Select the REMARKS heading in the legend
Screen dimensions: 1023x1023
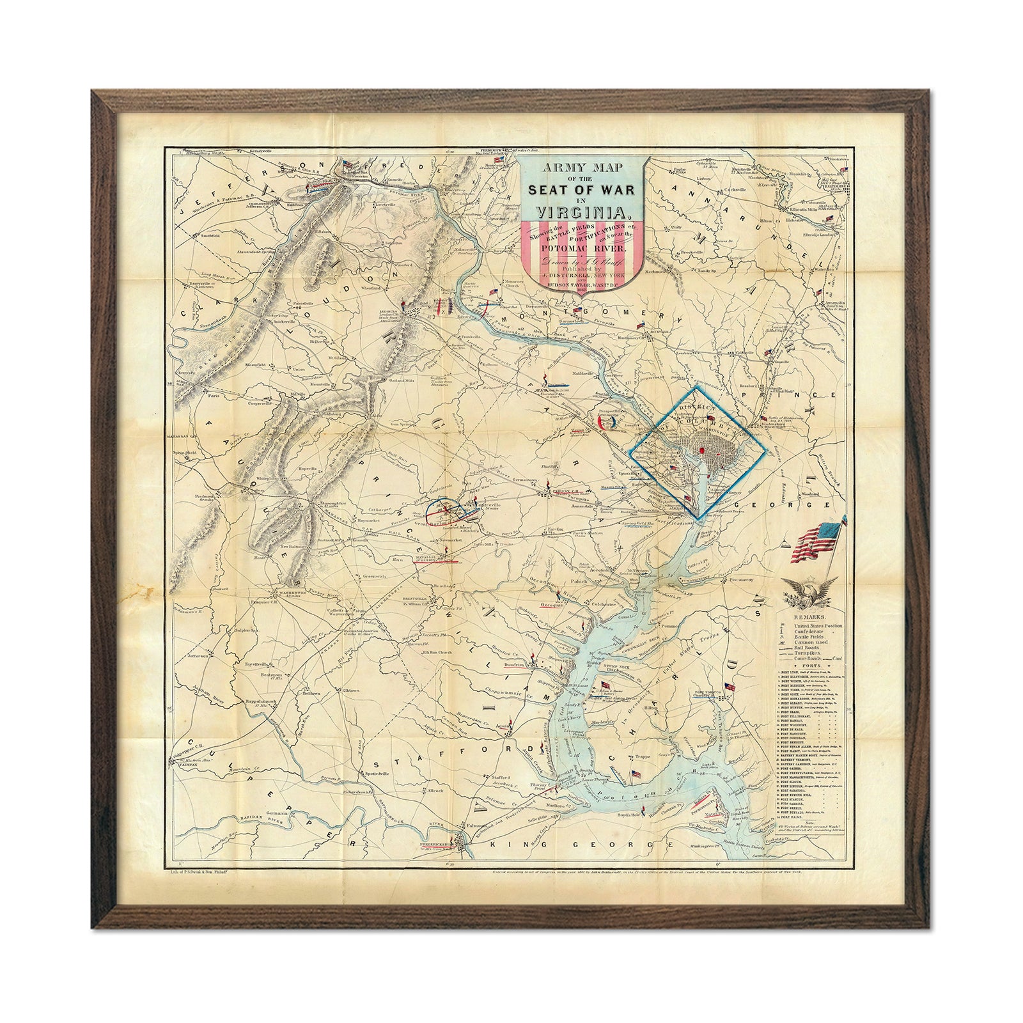[809, 618]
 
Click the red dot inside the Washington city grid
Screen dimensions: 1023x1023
[703, 450]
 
